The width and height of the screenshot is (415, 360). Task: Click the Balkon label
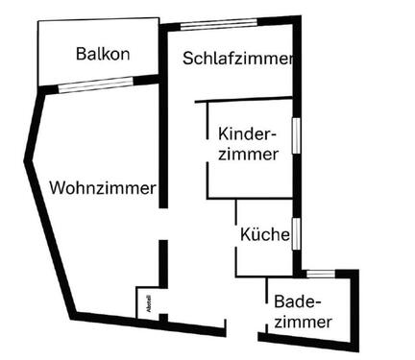click(102, 54)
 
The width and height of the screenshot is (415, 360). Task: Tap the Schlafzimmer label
click(236, 59)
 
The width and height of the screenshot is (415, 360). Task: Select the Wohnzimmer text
click(102, 188)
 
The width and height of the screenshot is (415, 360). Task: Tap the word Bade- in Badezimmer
click(296, 300)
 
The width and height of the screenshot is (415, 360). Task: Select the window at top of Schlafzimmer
click(218, 25)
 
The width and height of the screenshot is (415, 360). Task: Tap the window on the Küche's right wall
click(297, 232)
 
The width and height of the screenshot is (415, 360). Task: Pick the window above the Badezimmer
click(321, 274)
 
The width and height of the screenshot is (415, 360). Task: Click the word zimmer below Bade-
click(304, 322)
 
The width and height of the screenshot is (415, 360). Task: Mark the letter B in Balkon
click(81, 54)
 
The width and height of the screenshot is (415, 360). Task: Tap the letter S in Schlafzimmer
click(188, 59)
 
